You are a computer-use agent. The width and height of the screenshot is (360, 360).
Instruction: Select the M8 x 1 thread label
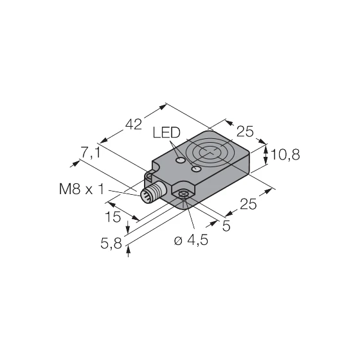click(81, 190)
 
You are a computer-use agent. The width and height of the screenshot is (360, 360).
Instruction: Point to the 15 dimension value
click(114, 217)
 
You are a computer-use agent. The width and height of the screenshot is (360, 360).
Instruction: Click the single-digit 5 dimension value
click(226, 226)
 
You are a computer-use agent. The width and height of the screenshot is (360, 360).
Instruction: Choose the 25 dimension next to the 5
click(248, 204)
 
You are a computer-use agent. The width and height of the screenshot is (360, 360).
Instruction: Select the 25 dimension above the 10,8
click(245, 132)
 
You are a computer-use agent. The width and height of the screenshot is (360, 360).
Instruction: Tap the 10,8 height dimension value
click(286, 154)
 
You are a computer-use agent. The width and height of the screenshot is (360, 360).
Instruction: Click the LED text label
click(167, 132)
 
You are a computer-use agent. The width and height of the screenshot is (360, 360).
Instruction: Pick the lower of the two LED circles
click(196, 169)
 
